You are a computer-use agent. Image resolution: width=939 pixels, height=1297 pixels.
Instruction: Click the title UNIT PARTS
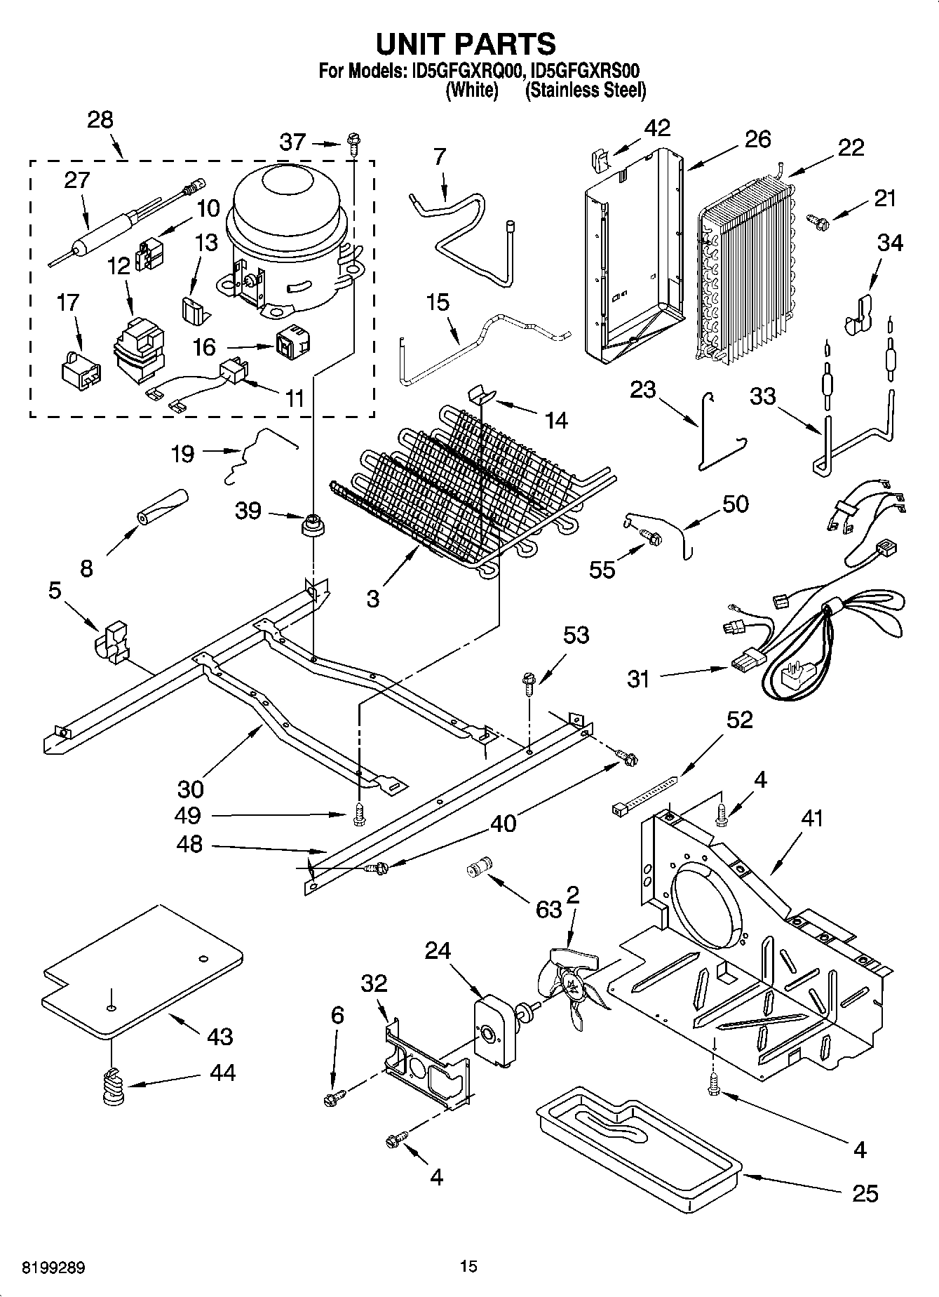pos(466,43)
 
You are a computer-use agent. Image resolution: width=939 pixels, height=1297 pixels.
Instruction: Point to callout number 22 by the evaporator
pos(850,147)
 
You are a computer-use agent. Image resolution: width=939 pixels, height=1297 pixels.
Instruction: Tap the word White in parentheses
pos(472,90)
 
